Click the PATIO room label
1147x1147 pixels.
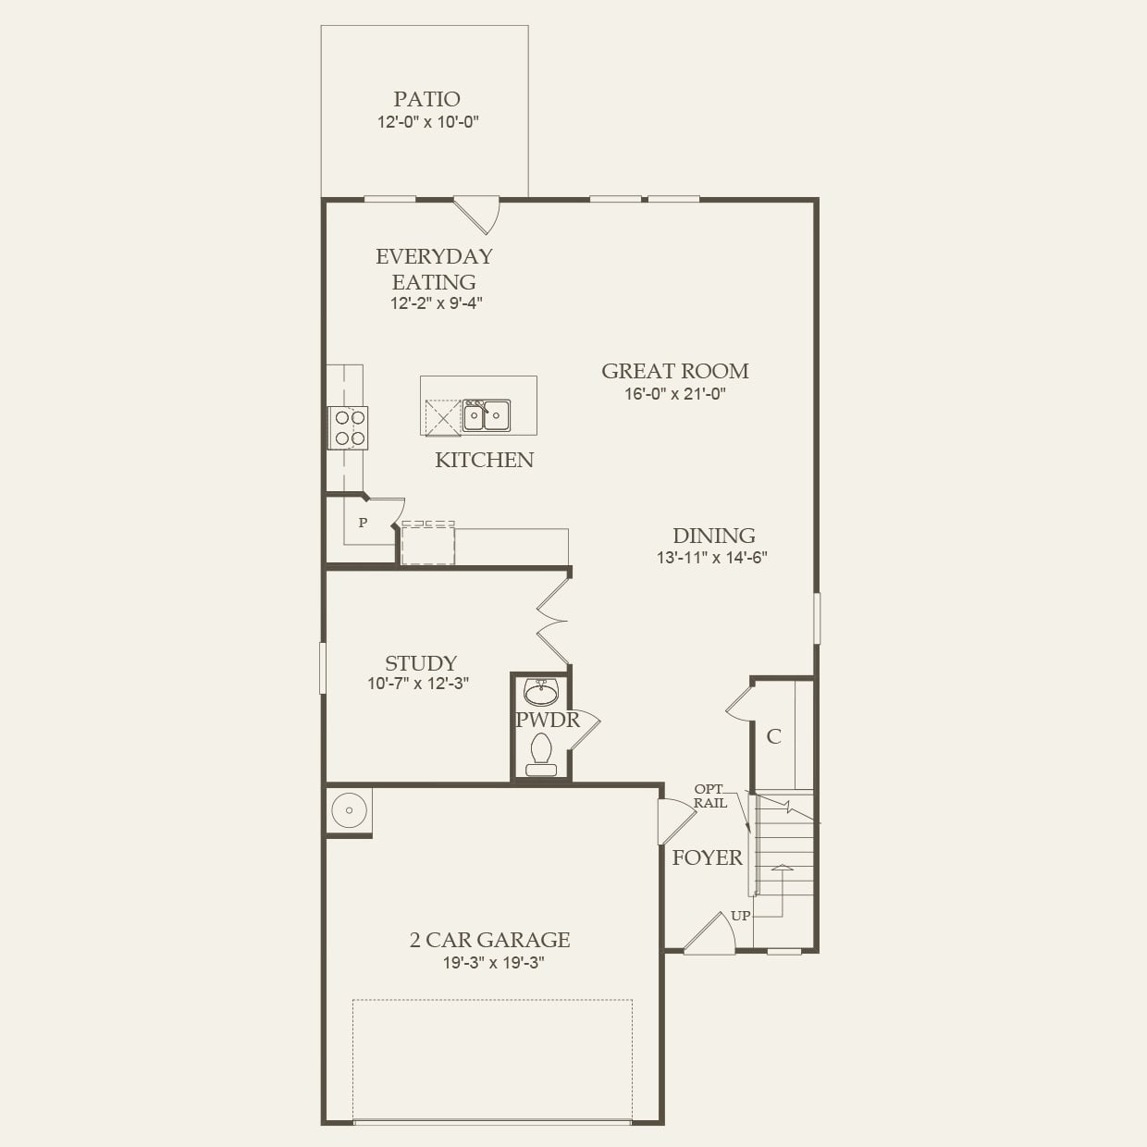(x=426, y=99)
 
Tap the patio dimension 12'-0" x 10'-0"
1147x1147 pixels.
(x=426, y=122)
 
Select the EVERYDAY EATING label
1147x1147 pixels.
(x=434, y=268)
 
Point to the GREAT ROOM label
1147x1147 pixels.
(x=675, y=371)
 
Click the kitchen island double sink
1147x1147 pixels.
(x=487, y=415)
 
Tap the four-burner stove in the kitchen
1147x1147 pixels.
(x=349, y=427)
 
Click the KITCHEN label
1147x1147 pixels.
(x=484, y=460)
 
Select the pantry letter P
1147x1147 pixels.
(x=363, y=523)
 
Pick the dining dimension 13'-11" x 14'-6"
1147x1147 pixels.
(x=712, y=558)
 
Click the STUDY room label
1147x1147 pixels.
(x=421, y=663)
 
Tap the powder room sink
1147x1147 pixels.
(x=540, y=692)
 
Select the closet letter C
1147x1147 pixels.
(x=773, y=736)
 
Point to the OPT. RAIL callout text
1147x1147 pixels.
(x=710, y=796)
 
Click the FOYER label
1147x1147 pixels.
(x=707, y=857)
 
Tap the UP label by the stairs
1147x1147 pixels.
(x=741, y=916)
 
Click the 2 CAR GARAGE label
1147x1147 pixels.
(x=489, y=940)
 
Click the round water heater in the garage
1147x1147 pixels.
(x=350, y=810)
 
